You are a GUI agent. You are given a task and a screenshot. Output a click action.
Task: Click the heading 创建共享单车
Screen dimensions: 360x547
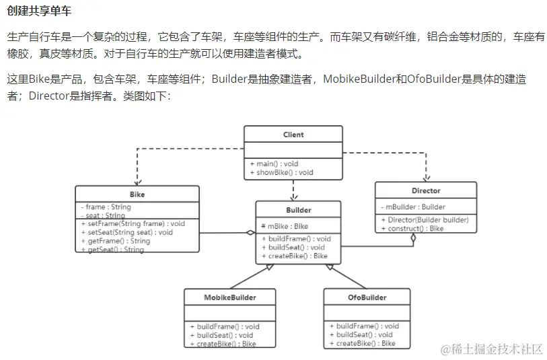38,12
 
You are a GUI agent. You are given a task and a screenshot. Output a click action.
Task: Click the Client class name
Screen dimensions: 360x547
293,135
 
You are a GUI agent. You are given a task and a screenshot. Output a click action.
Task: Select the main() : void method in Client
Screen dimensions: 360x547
274,164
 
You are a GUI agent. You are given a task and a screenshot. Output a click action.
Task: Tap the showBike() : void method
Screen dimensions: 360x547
281,173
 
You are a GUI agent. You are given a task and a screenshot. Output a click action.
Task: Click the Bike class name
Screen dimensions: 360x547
137,194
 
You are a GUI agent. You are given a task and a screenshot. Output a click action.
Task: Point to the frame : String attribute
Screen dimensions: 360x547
106,207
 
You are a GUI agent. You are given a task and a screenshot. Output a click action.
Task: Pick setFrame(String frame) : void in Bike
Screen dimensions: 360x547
133,224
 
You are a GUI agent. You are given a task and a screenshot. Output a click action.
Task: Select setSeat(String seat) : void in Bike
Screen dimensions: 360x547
127,232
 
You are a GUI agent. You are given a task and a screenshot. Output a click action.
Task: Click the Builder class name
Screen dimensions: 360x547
298,210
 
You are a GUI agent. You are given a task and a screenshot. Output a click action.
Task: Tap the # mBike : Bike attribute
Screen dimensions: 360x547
284,226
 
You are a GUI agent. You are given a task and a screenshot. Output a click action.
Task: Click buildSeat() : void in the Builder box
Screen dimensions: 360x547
293,247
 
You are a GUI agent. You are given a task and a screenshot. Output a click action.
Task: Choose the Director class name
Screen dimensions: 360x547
426,190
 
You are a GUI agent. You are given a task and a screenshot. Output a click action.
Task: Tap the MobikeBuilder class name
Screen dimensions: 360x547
230,297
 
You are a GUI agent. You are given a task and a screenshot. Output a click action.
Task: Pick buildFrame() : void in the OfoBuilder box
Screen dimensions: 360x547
364,326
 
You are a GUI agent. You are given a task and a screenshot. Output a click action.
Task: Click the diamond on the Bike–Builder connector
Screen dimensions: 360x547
250,233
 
